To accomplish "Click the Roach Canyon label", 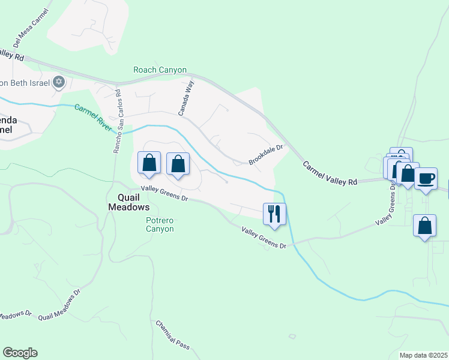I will [x=160, y=70].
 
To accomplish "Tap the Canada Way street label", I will [x=186, y=98].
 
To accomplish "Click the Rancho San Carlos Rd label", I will [x=118, y=121].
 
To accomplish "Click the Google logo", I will [x=20, y=353].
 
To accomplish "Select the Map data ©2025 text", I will [x=424, y=355].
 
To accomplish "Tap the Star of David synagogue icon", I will [x=58, y=82].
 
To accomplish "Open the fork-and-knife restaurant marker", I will [x=275, y=214].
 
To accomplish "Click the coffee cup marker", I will [x=426, y=179].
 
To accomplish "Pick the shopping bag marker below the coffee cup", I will [x=424, y=226].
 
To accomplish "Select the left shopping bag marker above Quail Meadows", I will [x=149, y=163].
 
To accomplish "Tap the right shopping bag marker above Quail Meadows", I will [x=178, y=164].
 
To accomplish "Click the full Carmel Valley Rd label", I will [x=330, y=173].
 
